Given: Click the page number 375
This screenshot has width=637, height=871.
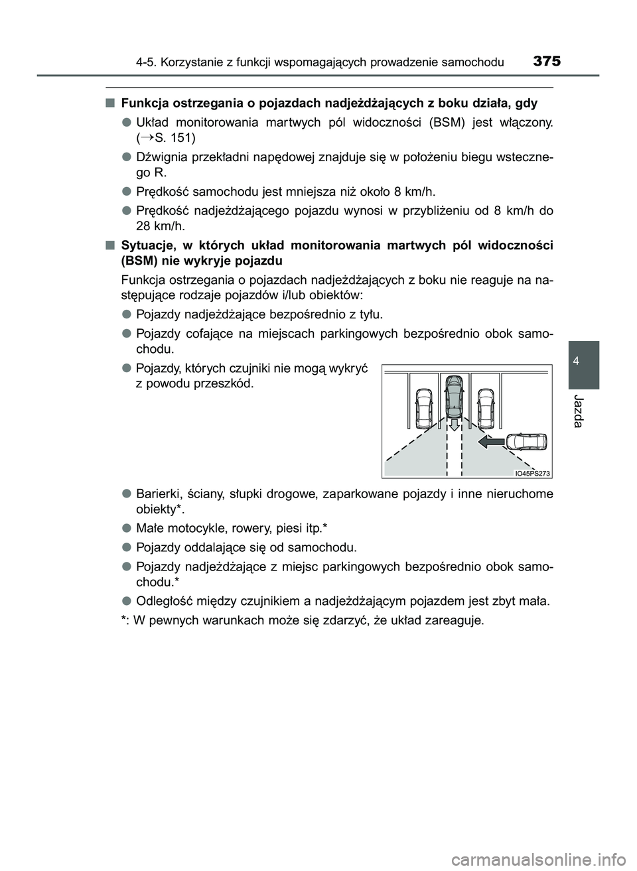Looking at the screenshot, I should [546, 62].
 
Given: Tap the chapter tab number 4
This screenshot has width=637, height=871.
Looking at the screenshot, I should [583, 361].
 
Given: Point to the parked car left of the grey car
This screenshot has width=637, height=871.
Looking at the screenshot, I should [423, 408].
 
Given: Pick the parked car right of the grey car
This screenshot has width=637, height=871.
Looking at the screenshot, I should [486, 407].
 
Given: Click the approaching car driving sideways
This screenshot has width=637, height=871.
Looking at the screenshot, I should [526, 443].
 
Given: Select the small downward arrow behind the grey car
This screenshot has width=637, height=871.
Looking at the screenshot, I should [454, 425].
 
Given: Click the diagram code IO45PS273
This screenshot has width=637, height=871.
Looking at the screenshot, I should [533, 472].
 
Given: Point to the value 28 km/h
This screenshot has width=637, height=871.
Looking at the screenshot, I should [156, 226].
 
